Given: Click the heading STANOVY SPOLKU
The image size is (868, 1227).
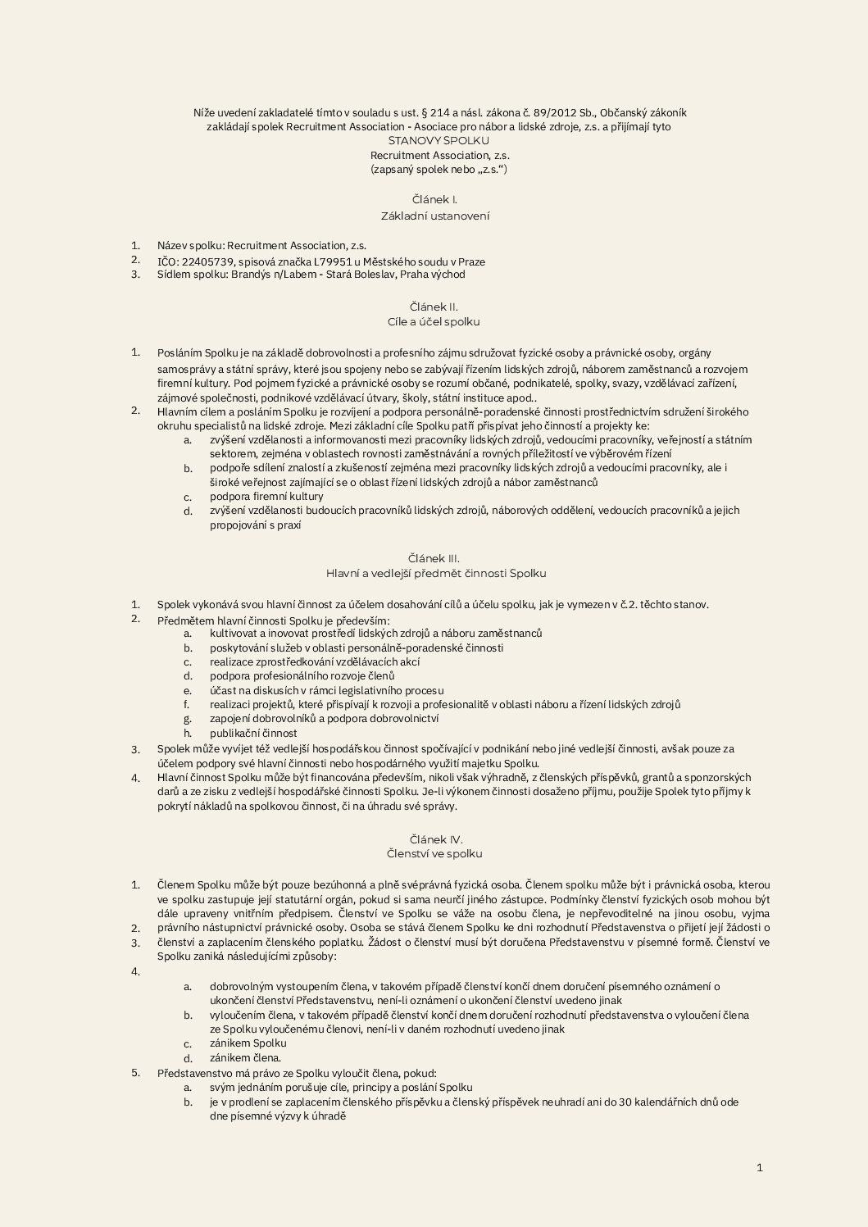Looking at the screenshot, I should click(x=434, y=141).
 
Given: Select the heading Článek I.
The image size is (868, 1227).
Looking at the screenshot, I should click(x=434, y=200).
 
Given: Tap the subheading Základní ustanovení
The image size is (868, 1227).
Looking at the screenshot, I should click(x=434, y=216).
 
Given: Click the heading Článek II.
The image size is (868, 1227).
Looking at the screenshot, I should click(x=434, y=307).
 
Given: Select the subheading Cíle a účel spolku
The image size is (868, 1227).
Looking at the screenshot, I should click(x=434, y=322).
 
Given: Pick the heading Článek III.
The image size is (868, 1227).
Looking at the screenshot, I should click(x=434, y=559).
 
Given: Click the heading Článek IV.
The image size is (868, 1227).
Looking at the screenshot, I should click(x=435, y=839).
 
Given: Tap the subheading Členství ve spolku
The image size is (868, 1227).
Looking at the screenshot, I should click(x=434, y=854).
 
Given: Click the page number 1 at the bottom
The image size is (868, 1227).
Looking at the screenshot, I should click(x=760, y=1168).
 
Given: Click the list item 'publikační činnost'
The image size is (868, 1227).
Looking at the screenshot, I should click(x=253, y=734).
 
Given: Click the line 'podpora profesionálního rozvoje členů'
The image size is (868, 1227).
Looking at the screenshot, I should click(x=302, y=676).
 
